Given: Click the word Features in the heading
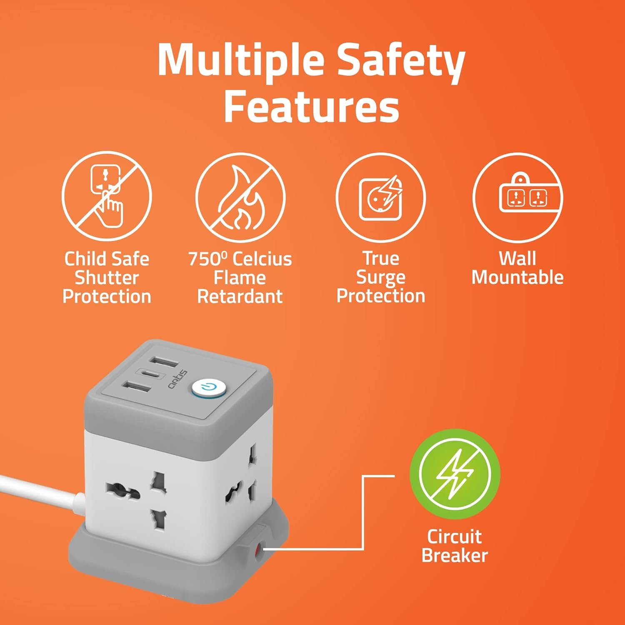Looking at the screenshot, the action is coord(312,107).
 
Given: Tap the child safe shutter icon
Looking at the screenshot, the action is coord(107,196).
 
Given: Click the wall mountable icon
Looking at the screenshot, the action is coord(517,197).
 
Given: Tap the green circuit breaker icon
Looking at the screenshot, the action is coord(455,475).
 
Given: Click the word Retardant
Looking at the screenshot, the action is coord(240,297).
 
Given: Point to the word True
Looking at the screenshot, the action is coord(381,258).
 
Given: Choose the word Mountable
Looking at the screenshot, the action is coord(517,277).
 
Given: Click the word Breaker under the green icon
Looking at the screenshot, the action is coord(455,555).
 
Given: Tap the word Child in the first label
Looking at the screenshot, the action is coord(85,259).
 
